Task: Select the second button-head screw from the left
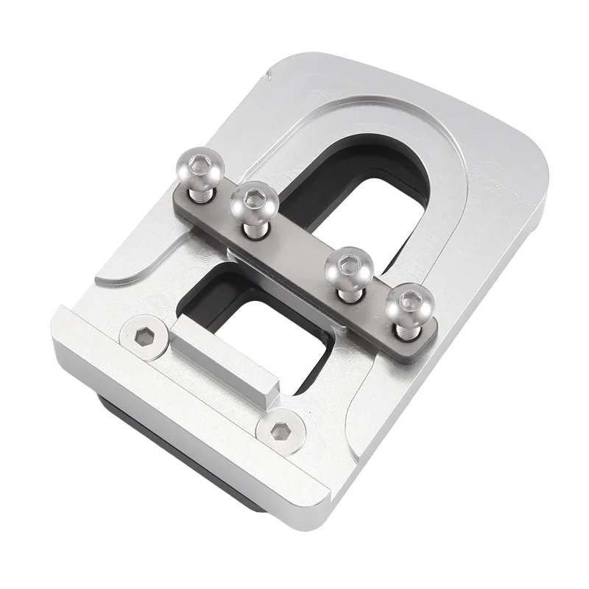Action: coord(254,200)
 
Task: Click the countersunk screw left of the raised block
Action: coord(144,338)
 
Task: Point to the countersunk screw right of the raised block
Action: coord(280,431)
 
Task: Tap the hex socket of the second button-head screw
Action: coord(254,197)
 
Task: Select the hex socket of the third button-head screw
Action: coord(348,264)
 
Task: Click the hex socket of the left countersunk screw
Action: coord(144,338)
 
